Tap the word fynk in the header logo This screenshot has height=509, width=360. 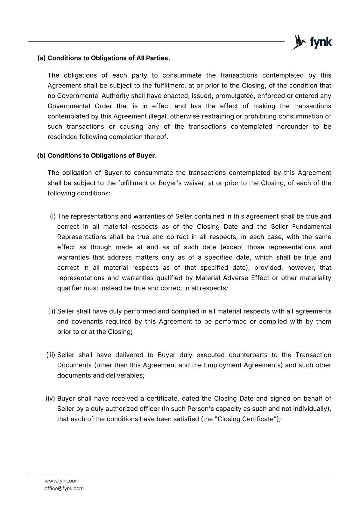(321, 42)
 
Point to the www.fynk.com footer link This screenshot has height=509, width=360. (62, 481)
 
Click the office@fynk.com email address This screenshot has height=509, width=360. (64, 488)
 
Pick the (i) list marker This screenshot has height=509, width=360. (53, 217)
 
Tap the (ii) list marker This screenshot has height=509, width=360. (52, 311)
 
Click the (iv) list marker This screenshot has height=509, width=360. (51, 399)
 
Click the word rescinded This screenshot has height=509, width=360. (62, 137)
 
